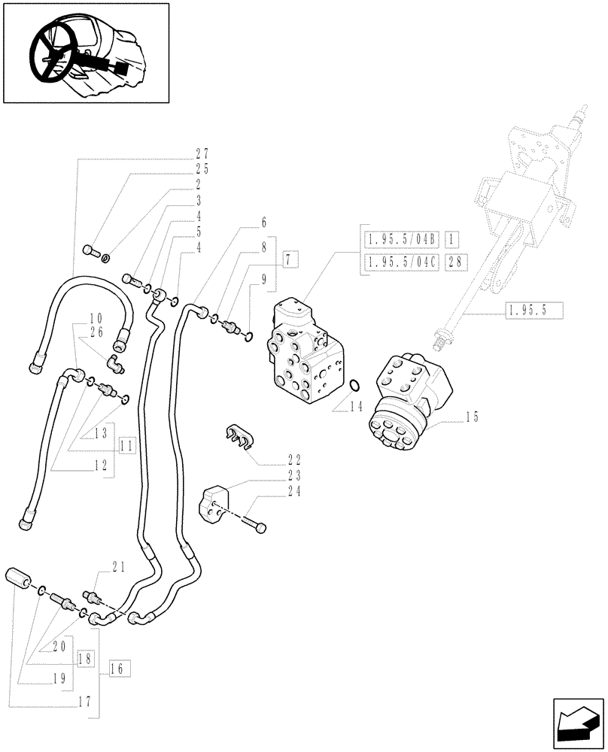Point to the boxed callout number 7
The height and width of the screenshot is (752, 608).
(291, 260)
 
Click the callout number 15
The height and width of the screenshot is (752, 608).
(472, 416)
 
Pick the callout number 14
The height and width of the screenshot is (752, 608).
(356, 407)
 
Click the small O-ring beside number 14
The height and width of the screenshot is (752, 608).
(355, 387)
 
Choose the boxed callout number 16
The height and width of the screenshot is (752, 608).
(120, 667)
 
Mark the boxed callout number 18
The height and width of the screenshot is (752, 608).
(83, 657)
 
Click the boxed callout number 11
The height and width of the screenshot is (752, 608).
(126, 445)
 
